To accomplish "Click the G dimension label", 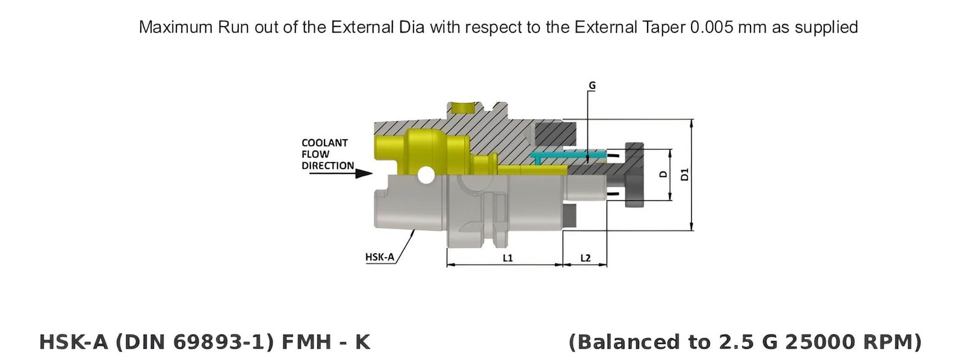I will click(x=592, y=86).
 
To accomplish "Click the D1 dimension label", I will click(x=684, y=175).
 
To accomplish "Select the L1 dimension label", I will click(x=507, y=258).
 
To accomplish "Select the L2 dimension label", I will click(x=585, y=258).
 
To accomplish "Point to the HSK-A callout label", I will click(x=379, y=257).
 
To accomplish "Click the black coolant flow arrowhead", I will click(x=364, y=173).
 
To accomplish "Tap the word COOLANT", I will click(x=324, y=143).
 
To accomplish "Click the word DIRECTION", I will click(x=327, y=166).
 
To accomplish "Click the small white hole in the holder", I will click(x=426, y=176).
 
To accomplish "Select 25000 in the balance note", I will click(x=820, y=342).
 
